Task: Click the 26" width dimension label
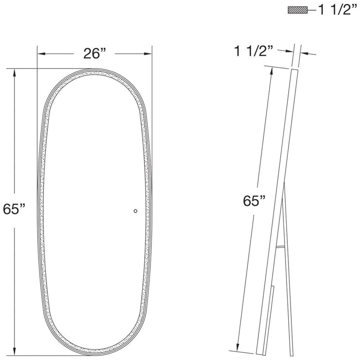[95, 53]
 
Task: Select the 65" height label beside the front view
[14, 208]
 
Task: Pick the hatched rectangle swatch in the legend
[297, 10]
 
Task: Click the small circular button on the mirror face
[135, 211]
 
